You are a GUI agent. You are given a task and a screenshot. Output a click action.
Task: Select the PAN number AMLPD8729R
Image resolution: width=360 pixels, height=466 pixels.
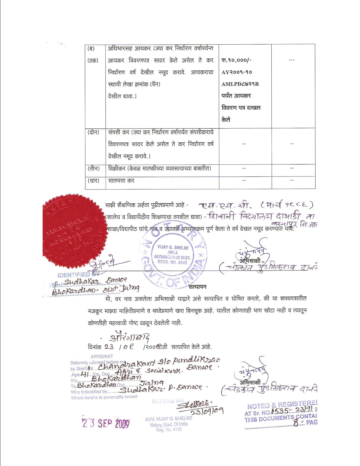(240, 84)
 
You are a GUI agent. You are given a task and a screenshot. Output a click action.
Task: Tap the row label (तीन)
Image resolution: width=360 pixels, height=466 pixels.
(93, 168)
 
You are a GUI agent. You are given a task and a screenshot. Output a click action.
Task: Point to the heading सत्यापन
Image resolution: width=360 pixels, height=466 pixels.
(197, 287)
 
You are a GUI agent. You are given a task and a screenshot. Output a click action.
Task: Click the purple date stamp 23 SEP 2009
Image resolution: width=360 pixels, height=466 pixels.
(105, 423)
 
